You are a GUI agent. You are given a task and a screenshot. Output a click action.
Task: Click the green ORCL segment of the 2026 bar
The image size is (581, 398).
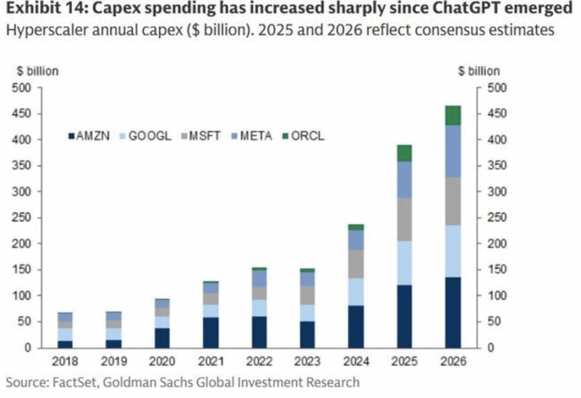pos(452,115)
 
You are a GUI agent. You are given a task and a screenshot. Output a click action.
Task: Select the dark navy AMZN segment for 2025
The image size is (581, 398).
pos(404,316)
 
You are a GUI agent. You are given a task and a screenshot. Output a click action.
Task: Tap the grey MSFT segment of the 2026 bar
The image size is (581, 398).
pos(452,201)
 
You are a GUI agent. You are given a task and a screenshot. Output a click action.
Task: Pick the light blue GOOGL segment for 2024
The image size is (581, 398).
pos(356,291)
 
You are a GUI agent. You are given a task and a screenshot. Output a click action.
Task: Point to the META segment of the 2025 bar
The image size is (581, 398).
pos(404,179)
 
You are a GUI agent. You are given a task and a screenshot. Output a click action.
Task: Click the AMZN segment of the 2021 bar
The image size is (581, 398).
pos(210,332)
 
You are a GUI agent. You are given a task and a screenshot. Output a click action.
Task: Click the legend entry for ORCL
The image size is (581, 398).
pos(305,136)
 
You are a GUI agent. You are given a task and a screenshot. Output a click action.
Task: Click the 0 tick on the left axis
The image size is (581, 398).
pos(27,347)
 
